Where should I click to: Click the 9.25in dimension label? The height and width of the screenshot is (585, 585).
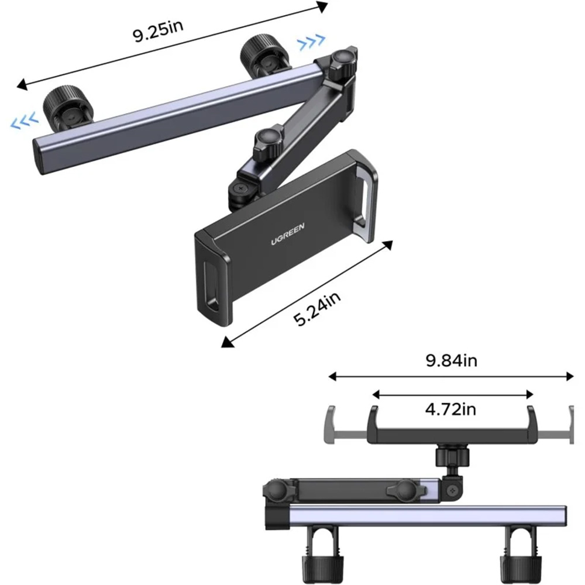click(158, 31)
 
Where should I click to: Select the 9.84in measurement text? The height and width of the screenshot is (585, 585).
click(452, 361)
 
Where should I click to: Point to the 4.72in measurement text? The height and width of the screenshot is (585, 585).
click(450, 409)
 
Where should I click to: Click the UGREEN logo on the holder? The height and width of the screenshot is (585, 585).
click(288, 234)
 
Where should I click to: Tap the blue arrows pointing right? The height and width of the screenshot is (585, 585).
click(312, 42)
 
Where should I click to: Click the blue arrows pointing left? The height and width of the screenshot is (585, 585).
click(24, 121)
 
